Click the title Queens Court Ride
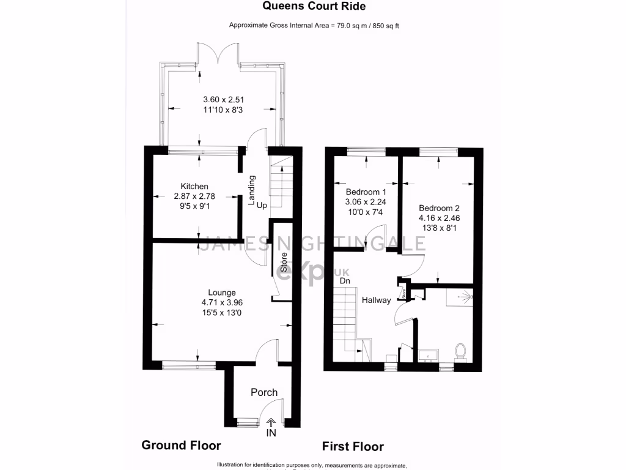tap(314, 7)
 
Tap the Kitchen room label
tap(194, 187)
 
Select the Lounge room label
tap(221, 293)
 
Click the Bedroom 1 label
tap(366, 191)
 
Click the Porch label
tap(264, 392)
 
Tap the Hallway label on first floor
tap(376, 300)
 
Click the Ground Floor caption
tap(181, 445)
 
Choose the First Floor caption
tap(353, 446)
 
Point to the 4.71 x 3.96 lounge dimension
tap(221, 302)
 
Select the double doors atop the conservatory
tap(218, 53)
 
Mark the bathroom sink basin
tap(429, 354)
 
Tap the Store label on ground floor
tap(284, 262)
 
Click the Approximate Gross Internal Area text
tap(314, 25)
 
